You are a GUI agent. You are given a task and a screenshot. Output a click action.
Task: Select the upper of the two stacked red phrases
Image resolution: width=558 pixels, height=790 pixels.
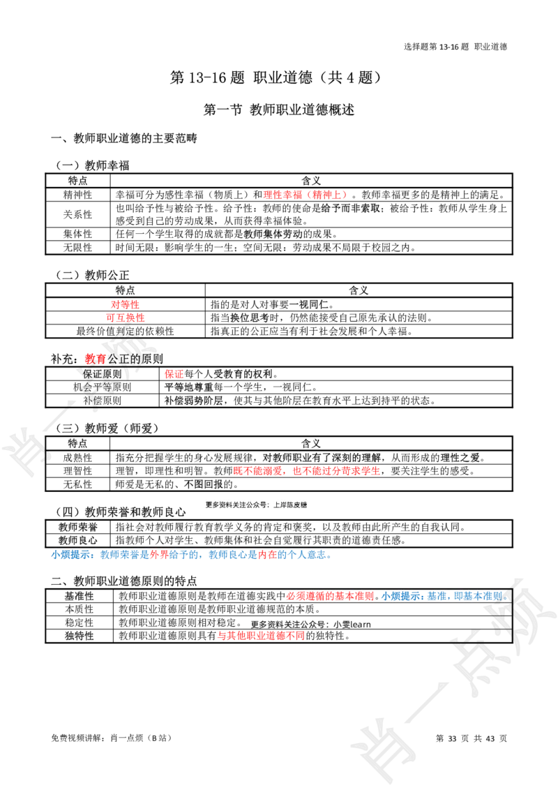pyautogui.click(x=125, y=304)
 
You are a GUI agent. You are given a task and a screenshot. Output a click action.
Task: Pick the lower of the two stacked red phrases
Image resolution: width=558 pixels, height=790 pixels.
pyautogui.click(x=126, y=318)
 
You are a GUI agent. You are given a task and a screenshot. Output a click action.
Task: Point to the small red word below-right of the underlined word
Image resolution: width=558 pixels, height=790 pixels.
pyautogui.click(x=173, y=374)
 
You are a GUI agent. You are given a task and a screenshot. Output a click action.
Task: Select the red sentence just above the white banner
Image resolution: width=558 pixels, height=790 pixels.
pyautogui.click(x=307, y=471)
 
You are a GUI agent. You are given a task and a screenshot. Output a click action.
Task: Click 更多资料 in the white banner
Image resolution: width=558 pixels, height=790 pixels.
pyautogui.click(x=217, y=505)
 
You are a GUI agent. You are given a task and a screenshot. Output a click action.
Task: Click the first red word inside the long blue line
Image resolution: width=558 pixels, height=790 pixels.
pyautogui.click(x=159, y=556)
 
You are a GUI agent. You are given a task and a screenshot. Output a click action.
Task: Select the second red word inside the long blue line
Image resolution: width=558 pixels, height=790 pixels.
pyautogui.click(x=267, y=556)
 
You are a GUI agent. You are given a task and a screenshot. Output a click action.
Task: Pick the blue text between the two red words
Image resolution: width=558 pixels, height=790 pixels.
pyautogui.click(x=213, y=556)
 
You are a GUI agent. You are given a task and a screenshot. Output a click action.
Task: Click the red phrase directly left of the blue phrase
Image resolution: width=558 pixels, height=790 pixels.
pyautogui.click(x=329, y=596)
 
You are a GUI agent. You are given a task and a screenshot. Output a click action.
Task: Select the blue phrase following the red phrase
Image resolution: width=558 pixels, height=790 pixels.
pyautogui.click(x=442, y=596)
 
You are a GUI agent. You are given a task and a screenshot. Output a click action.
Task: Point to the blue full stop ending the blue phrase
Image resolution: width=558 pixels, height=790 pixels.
pyautogui.click(x=506, y=597)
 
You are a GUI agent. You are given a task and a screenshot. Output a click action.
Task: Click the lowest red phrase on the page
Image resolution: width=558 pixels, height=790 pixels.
pyautogui.click(x=262, y=636)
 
